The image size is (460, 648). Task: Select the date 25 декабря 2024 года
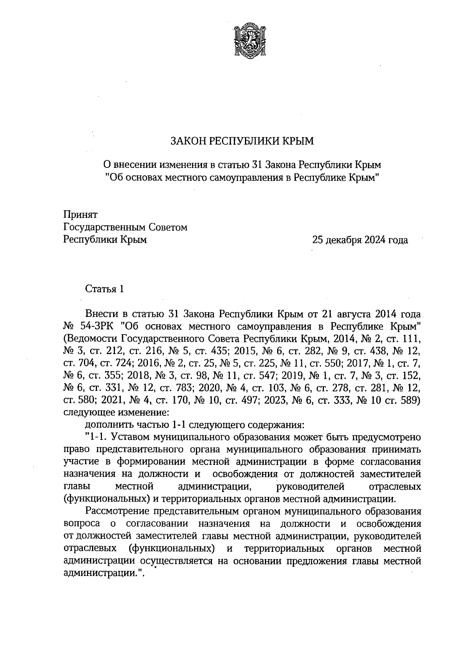(x=360, y=240)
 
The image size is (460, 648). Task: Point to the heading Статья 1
(x=104, y=289)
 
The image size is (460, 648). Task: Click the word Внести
(x=102, y=314)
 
